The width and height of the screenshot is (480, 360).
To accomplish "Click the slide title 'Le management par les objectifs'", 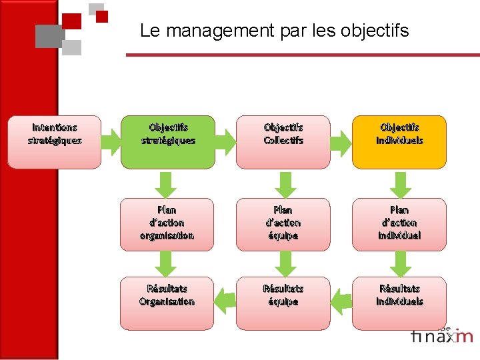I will (274, 31).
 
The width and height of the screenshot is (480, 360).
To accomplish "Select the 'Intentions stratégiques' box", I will (55, 142).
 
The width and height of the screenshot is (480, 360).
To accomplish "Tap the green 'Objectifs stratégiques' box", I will (167, 142).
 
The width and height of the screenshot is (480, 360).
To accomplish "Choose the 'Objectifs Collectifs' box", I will (283, 142).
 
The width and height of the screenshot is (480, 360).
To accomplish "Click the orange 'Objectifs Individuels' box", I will (399, 142).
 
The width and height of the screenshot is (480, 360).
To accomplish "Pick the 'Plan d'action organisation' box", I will (167, 224).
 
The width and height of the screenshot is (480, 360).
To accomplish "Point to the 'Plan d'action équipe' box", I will (283, 224).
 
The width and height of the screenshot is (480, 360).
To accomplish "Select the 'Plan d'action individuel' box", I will (399, 224).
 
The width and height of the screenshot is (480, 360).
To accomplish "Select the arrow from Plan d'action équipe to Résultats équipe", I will (284, 263).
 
